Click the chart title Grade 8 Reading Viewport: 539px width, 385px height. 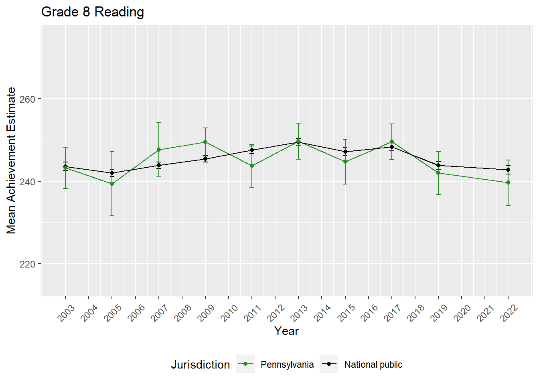tap(93, 12)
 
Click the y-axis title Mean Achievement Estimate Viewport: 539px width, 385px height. tap(11, 160)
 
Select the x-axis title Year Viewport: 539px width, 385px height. tap(286, 331)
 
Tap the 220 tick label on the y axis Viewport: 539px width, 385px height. tap(28, 264)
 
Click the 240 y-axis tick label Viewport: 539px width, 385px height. tap(28, 182)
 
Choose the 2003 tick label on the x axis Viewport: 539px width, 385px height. tap(67, 313)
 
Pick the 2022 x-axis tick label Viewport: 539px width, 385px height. tap(509, 313)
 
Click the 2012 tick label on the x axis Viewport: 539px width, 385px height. tap(276, 313)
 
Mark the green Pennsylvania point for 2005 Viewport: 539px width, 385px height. tap(112, 184)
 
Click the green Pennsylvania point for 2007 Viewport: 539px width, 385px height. tap(159, 150)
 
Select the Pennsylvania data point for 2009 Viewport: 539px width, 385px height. tap(205, 142)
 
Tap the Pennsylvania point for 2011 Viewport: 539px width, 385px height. tap(252, 166)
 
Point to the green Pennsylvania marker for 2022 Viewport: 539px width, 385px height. tap(508, 182)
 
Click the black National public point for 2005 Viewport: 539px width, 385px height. tap(112, 173)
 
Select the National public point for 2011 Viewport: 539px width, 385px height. tap(252, 150)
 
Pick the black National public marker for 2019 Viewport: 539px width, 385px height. tap(438, 165)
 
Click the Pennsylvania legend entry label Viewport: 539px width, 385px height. tap(287, 365)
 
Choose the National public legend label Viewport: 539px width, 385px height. tap(373, 365)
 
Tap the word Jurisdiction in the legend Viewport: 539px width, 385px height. tap(201, 365)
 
